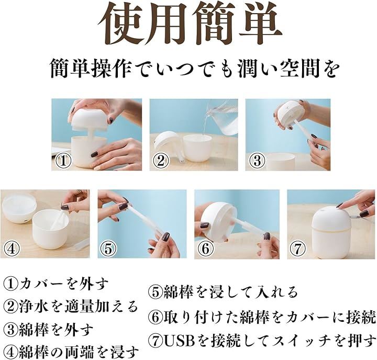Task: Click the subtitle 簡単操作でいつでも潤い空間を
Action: tap(195, 70)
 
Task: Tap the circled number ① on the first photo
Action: tap(63, 161)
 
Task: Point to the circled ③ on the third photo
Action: tap(257, 161)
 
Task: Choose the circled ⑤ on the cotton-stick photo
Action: tap(108, 249)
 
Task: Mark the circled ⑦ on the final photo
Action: tap(298, 249)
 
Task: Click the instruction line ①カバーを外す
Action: tap(56, 284)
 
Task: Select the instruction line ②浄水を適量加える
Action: tap(71, 306)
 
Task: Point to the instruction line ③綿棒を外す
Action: tap(48, 330)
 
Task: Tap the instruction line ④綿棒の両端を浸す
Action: tap(71, 352)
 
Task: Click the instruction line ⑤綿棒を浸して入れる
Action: tap(223, 292)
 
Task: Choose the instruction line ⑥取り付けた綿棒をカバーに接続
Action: tap(262, 318)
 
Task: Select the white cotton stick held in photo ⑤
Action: tap(145, 219)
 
